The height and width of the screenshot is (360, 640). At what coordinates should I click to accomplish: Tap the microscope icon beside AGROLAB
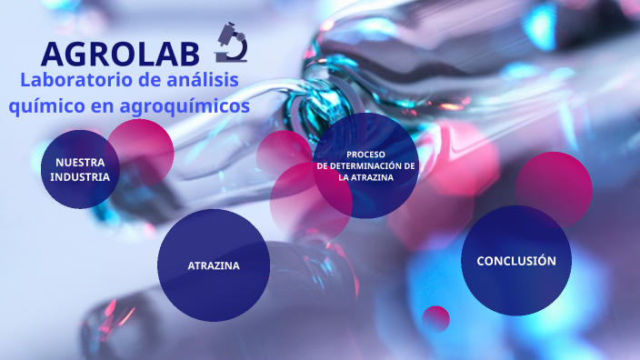click(x=233, y=41)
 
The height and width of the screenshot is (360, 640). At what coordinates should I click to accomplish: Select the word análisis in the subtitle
click(x=200, y=80)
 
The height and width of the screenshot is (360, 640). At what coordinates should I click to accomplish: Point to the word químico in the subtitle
click(x=45, y=106)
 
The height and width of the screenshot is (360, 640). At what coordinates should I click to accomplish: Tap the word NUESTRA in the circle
click(x=80, y=162)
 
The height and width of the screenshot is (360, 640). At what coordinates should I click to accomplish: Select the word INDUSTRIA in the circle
click(x=80, y=176)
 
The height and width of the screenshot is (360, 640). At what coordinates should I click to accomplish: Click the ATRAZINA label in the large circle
click(x=214, y=265)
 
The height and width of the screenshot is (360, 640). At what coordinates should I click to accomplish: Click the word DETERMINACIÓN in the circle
click(x=374, y=166)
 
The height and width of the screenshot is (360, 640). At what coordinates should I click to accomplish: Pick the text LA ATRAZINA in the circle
click(x=366, y=178)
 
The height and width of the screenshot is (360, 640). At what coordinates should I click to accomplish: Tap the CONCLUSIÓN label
click(x=515, y=261)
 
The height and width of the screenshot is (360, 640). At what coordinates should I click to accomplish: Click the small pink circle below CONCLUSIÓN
click(x=436, y=318)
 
